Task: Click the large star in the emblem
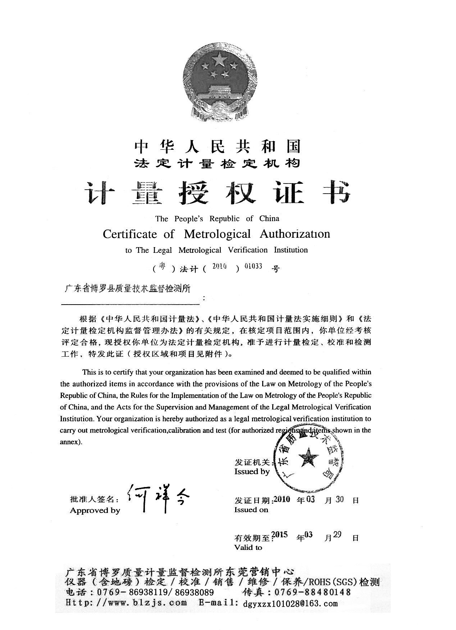point(219,59)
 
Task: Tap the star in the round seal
point(309,459)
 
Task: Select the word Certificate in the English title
point(130,234)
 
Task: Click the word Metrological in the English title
point(217,234)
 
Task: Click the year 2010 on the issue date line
point(282,499)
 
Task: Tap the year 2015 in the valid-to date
point(280,534)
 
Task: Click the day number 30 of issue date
point(339,499)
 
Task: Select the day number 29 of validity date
point(337,534)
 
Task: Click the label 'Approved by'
point(95,510)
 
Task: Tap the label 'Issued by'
point(252,472)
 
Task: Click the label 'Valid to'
point(248,547)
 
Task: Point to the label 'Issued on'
point(251,510)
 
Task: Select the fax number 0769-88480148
point(312,592)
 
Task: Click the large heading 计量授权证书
point(217,193)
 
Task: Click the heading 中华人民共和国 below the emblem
point(217,146)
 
